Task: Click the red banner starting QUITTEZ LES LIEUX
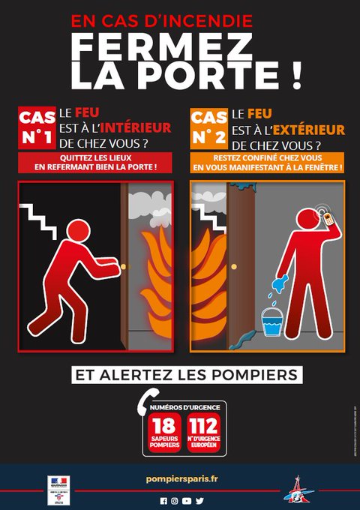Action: [95, 162]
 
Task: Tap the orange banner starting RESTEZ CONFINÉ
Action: [267, 162]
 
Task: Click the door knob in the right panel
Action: [234, 266]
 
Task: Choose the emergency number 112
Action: [202, 428]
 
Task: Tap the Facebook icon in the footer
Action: [163, 500]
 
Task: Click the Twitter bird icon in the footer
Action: [199, 500]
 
